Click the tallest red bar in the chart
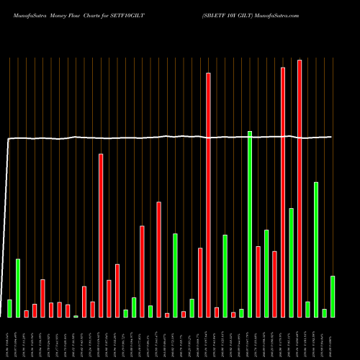click(300, 189)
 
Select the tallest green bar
click(250, 224)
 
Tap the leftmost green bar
click(9, 308)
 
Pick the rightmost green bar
click(333, 296)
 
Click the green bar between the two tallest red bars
click(291, 262)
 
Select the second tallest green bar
click(316, 249)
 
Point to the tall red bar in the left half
click(101, 235)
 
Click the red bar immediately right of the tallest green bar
click(258, 281)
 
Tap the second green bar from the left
click(18, 287)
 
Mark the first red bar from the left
click(27, 313)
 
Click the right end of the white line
click(332, 137)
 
